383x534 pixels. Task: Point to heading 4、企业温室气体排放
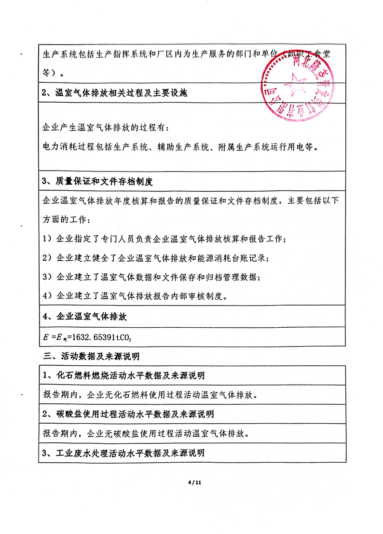coord(84,317)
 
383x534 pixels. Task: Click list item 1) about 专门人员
coord(164,239)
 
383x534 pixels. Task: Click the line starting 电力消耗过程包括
coord(180,147)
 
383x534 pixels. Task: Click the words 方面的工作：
coord(66,220)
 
